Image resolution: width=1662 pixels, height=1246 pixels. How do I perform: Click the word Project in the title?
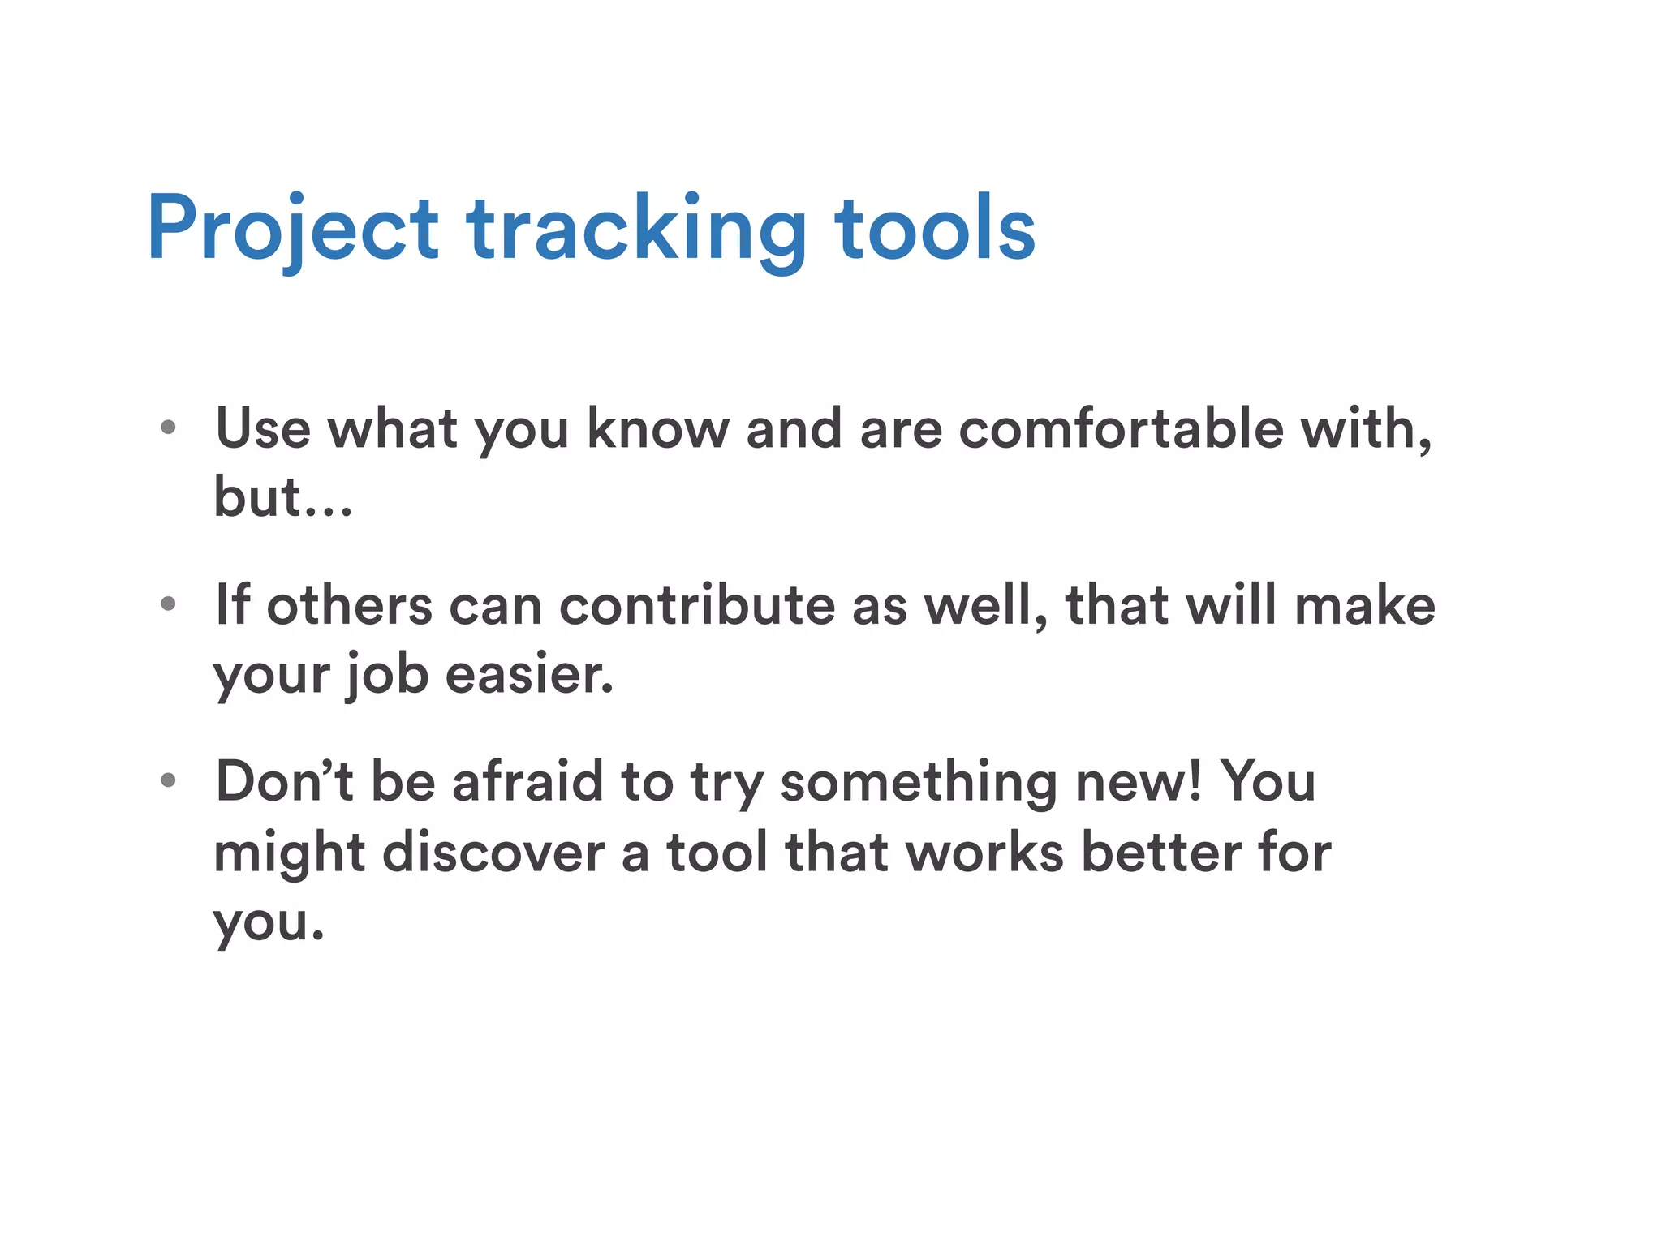point(292,229)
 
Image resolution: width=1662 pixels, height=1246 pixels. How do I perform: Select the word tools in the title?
point(935,229)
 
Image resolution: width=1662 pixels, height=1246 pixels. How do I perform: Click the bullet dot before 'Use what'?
point(168,428)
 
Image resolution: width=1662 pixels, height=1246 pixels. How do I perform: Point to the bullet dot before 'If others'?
point(168,604)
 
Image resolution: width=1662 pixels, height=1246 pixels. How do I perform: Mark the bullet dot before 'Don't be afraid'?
point(168,780)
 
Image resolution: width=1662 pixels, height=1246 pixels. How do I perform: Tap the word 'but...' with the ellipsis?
point(282,496)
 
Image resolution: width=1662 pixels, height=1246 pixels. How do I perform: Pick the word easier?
point(529,674)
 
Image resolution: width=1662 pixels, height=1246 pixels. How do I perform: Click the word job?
point(386,676)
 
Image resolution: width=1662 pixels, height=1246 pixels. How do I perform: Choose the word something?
point(918,783)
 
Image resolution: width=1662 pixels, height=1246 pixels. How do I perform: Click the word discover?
point(493,853)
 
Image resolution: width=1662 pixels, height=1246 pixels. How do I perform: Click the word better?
point(1161,853)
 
